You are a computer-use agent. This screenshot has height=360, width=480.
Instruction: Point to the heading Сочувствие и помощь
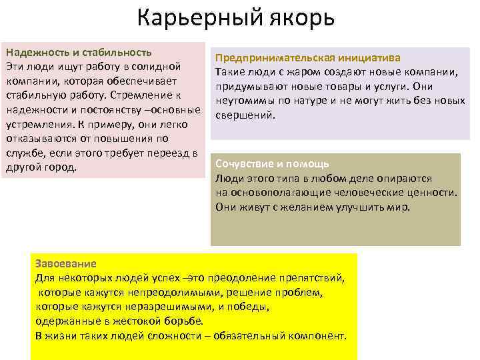[272, 164]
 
